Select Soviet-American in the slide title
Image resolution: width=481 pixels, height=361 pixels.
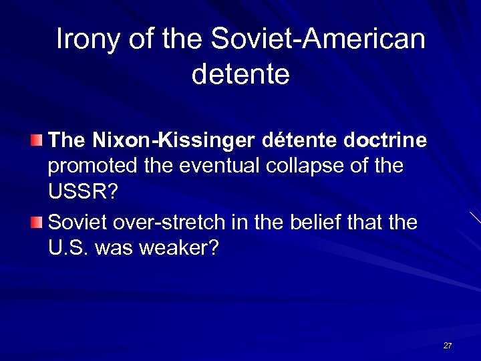(318, 39)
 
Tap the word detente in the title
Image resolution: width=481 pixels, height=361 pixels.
(240, 74)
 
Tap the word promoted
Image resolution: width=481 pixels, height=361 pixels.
(92, 166)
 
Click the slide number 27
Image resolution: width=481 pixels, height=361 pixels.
(447, 346)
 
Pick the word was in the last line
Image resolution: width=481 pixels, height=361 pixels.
(113, 248)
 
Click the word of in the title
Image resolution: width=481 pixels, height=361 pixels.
(138, 39)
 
